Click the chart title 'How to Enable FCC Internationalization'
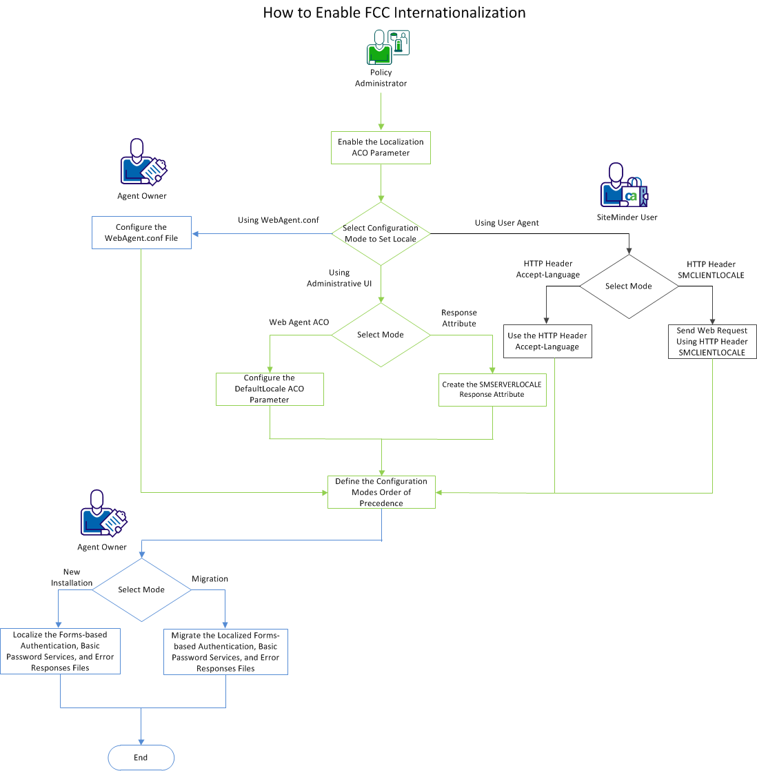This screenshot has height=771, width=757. point(394,12)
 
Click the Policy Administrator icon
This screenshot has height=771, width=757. point(387,47)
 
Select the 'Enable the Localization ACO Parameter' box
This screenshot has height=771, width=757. point(381,148)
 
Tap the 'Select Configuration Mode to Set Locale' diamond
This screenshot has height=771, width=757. point(381,233)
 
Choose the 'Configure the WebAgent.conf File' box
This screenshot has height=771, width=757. point(141,233)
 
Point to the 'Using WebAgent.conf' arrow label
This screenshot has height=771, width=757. point(279,220)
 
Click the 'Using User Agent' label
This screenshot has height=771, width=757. point(507,223)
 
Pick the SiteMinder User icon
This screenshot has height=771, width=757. point(623,186)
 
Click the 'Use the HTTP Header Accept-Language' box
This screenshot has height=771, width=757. point(547,341)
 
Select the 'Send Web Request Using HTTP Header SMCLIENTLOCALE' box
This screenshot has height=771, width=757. point(711,342)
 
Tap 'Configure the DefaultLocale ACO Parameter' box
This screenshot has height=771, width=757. point(270,389)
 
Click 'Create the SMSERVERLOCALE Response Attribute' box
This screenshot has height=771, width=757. point(492,390)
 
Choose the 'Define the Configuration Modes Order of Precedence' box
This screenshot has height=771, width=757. point(381,492)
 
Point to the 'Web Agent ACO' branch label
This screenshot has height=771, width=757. point(299,322)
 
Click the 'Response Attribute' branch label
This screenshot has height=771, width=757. point(459,318)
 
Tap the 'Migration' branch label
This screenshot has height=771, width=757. point(210,579)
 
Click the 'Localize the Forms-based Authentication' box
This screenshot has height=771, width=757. point(60,651)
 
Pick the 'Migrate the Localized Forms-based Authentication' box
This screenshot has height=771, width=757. point(225,652)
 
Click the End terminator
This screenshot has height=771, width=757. point(141,757)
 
